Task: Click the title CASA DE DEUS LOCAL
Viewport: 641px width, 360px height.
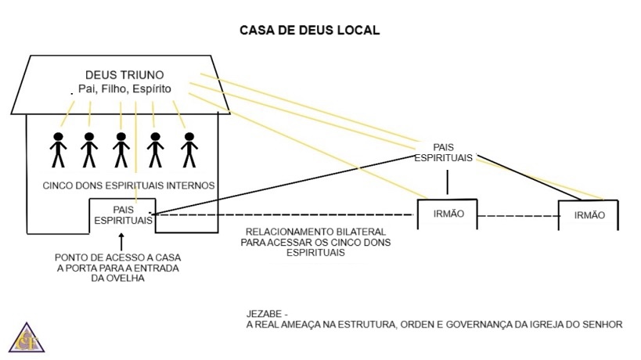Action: (x=310, y=31)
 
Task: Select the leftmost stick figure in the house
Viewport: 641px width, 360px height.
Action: (x=58, y=149)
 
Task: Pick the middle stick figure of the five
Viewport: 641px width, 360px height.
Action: (x=121, y=149)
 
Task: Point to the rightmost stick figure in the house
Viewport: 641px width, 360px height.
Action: (x=189, y=149)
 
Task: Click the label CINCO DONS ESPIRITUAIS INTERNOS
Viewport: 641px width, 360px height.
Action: (x=129, y=185)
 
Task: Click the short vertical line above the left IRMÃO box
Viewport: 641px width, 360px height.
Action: (x=447, y=182)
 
